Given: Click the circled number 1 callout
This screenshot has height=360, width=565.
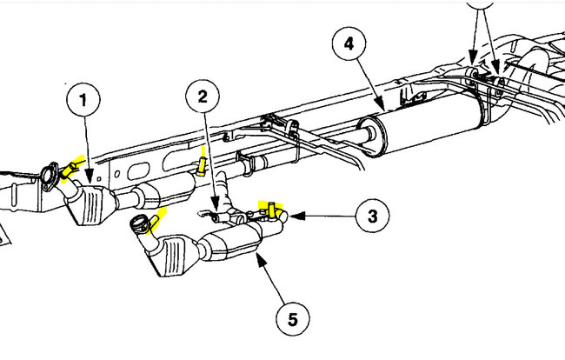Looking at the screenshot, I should (83, 102).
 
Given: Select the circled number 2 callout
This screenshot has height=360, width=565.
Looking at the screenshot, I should (203, 97).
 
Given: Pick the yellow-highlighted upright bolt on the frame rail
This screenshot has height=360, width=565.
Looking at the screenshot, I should (203, 163).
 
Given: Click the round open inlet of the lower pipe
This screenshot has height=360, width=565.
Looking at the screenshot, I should (139, 225).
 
